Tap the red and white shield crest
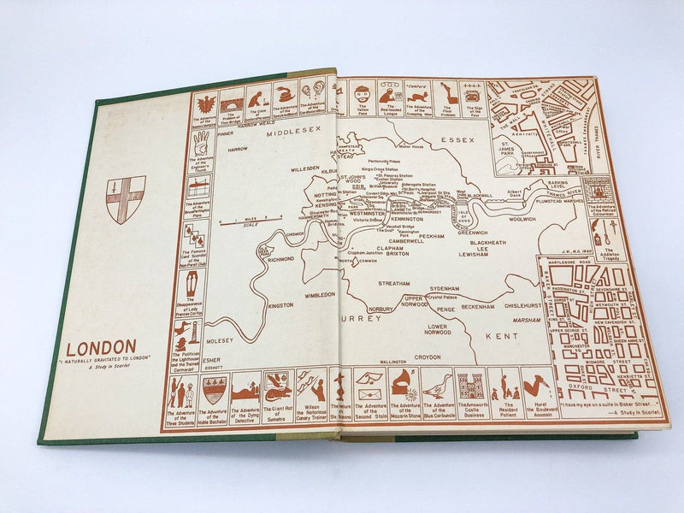126,199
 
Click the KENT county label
502,338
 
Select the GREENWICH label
473,232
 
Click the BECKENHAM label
479,305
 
